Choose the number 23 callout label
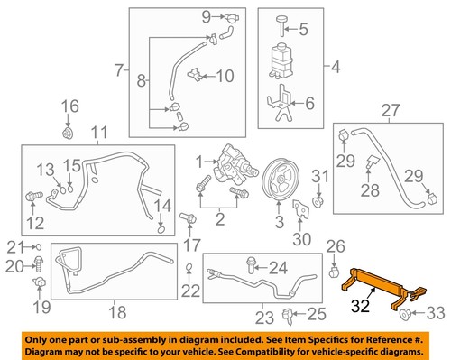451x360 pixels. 261,316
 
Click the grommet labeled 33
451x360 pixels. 404,313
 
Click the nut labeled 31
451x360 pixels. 318,198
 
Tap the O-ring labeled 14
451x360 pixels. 159,227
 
